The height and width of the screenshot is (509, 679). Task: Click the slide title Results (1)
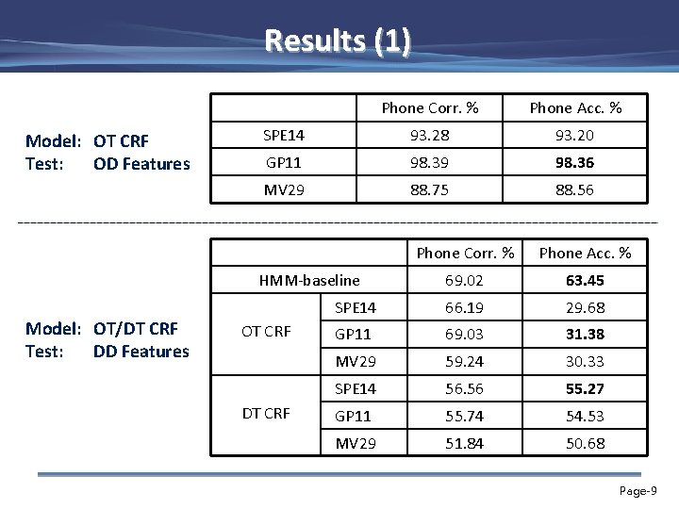[x=338, y=41]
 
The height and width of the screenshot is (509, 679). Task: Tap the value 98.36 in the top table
[x=575, y=163]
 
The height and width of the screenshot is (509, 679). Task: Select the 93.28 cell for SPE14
[x=430, y=136]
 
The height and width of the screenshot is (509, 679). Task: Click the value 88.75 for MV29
[x=430, y=189]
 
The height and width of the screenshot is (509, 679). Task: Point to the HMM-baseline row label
[x=309, y=280]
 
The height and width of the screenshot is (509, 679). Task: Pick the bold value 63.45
[x=585, y=280]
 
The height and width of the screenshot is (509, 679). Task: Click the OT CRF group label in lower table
[x=266, y=332]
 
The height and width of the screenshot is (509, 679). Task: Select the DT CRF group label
[x=266, y=413]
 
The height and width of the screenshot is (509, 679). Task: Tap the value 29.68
[x=585, y=307]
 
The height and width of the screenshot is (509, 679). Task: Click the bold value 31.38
[x=585, y=334]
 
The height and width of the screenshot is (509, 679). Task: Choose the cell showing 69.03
[x=465, y=334]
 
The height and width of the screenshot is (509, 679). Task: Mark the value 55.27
[x=585, y=388]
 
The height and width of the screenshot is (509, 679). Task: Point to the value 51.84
[x=465, y=443]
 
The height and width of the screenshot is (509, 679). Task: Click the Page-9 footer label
[x=638, y=491]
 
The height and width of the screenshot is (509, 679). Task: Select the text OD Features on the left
[x=141, y=164]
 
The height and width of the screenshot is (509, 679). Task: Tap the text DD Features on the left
[x=141, y=352]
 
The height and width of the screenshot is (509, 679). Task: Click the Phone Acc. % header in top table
[x=575, y=108]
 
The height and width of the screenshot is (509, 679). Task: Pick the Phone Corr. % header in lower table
[x=465, y=253]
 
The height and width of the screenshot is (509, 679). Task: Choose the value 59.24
[x=465, y=361]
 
